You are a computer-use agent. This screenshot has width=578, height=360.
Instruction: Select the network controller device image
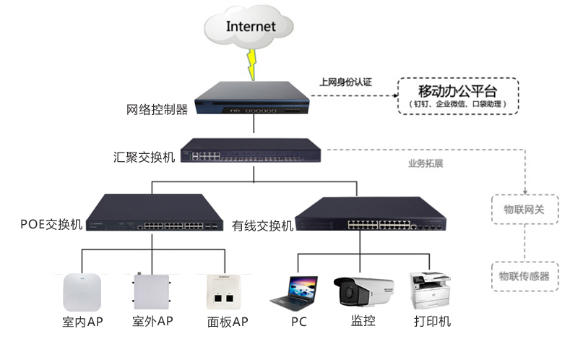(x=253, y=98)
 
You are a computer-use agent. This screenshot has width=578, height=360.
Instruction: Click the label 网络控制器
(x=157, y=110)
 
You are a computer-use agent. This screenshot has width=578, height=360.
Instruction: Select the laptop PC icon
(x=294, y=291)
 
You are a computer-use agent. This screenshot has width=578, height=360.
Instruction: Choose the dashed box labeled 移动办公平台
(x=458, y=96)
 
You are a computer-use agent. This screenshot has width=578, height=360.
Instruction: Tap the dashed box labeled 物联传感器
(x=524, y=275)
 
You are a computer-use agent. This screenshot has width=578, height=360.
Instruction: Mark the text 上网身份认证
(x=345, y=82)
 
